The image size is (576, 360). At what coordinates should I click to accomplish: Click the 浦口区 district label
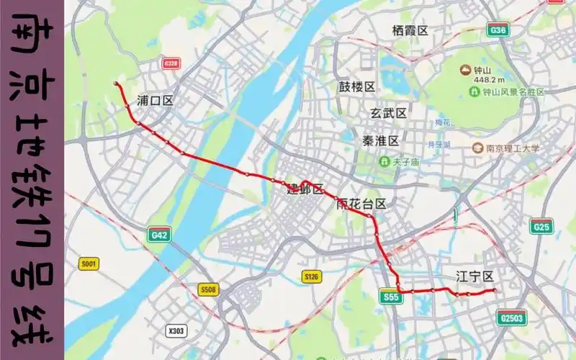point(155,101)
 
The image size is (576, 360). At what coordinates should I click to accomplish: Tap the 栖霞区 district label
point(410,30)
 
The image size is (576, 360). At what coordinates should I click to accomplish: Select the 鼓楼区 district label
point(357,87)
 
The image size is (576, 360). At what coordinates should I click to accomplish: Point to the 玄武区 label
point(389,113)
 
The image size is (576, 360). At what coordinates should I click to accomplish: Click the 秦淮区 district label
point(379,140)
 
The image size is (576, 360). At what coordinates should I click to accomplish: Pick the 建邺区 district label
point(305,189)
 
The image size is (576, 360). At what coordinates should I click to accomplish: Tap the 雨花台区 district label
point(361,204)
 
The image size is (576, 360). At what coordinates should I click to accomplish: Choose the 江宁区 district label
point(474,276)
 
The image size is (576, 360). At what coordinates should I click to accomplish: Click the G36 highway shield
point(498,30)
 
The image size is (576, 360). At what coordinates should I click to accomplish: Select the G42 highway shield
point(158,235)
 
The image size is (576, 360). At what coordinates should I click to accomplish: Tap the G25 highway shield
point(541,228)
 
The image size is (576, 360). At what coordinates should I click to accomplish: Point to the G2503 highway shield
point(511,318)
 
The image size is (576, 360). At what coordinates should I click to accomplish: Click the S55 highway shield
point(391,297)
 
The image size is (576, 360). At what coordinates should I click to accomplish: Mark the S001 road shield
point(89,264)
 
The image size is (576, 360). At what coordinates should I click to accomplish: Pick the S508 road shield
point(208,289)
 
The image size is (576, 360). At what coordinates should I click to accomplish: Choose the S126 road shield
point(311,276)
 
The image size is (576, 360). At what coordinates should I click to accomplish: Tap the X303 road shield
point(176,331)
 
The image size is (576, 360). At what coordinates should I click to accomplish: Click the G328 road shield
point(171,63)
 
